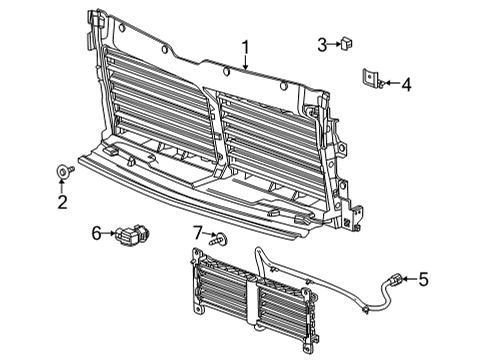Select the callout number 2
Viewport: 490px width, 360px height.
click(x=62, y=203)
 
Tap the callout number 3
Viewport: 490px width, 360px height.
click(x=322, y=43)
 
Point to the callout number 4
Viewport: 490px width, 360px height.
click(x=406, y=85)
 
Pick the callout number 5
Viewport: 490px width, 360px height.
click(x=422, y=279)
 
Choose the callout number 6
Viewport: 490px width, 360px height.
click(x=97, y=233)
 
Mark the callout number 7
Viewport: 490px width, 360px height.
click(x=198, y=233)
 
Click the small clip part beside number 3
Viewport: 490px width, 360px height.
click(x=348, y=43)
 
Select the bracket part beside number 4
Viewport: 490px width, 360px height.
click(x=370, y=80)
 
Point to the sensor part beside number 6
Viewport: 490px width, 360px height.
click(x=132, y=237)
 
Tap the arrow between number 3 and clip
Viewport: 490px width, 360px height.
click(x=334, y=43)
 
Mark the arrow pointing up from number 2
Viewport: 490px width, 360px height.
click(x=62, y=188)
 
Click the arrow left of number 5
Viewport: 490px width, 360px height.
click(x=407, y=279)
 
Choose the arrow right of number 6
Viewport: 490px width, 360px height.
click(x=110, y=233)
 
